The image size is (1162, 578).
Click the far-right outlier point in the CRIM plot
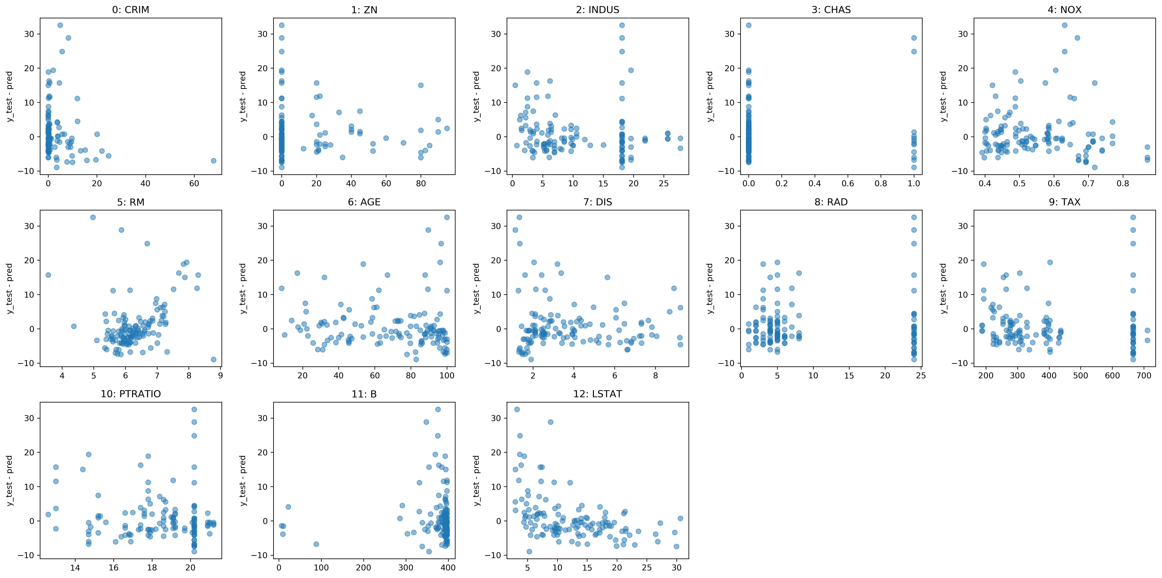213,160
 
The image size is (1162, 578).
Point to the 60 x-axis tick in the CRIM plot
194,184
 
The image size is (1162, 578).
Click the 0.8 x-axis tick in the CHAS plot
881,184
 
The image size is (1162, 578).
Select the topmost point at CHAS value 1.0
914,38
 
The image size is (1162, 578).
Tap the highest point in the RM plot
93,217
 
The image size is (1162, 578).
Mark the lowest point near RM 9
213,359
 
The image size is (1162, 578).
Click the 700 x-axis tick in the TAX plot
1144,376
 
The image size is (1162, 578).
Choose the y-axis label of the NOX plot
943,96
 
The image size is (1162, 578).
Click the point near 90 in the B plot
316,544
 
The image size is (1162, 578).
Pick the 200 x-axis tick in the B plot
364,568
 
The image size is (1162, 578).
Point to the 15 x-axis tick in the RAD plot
849,376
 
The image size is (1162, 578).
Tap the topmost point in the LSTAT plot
517,409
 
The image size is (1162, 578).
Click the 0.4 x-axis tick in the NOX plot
985,184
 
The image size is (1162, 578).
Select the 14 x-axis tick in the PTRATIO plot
75,568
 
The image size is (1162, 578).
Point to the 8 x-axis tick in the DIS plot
655,376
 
